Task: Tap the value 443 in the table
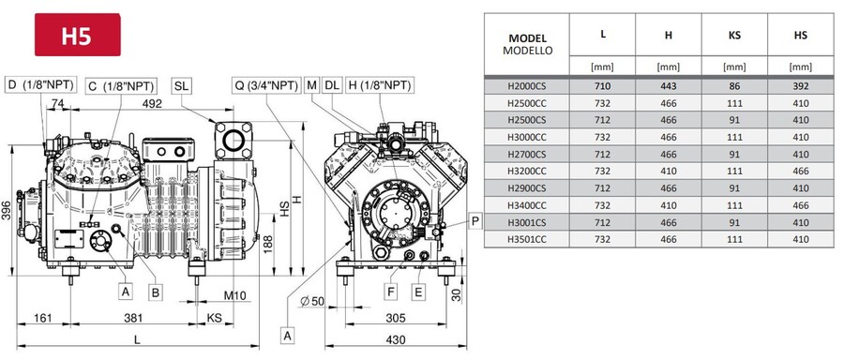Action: coord(668,83)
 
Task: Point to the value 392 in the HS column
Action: coord(801,83)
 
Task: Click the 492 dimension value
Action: coord(151,105)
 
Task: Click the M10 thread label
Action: coord(235,295)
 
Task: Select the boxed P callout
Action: coord(475,221)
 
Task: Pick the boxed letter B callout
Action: coord(157,292)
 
